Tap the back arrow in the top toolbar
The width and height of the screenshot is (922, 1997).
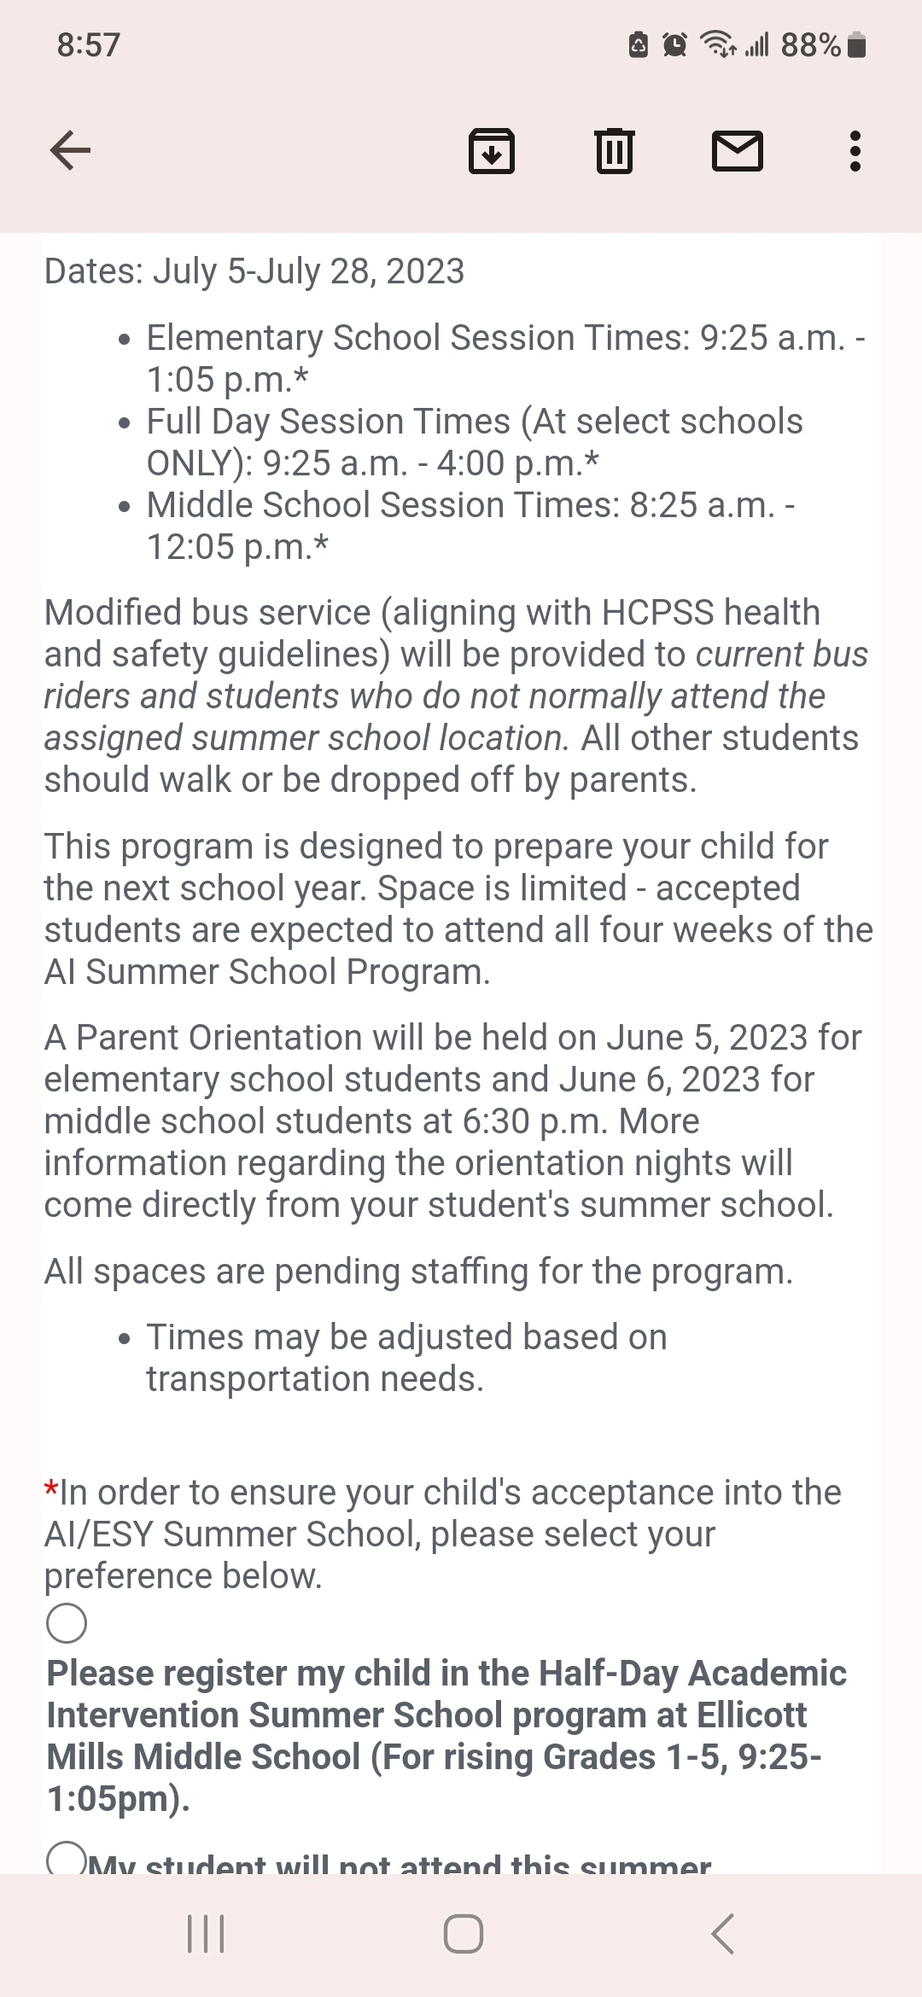[x=70, y=151]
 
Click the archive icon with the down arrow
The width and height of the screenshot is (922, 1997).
[x=492, y=151]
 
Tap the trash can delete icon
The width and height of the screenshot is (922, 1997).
[x=614, y=151]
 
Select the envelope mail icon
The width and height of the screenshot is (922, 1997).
[x=737, y=151]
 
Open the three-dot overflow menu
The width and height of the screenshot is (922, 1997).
[x=855, y=151]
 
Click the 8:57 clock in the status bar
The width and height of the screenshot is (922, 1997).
[x=88, y=44]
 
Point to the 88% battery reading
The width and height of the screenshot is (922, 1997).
[x=810, y=44]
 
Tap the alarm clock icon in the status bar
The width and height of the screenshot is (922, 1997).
[x=674, y=44]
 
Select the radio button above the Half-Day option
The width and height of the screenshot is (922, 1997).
[x=67, y=1622]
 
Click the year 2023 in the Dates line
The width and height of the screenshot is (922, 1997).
[x=425, y=271]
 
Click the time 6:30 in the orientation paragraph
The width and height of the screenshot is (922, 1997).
[x=496, y=1121]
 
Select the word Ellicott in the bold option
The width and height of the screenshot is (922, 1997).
[x=751, y=1715]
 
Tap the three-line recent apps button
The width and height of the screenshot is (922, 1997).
[x=206, y=1934]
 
